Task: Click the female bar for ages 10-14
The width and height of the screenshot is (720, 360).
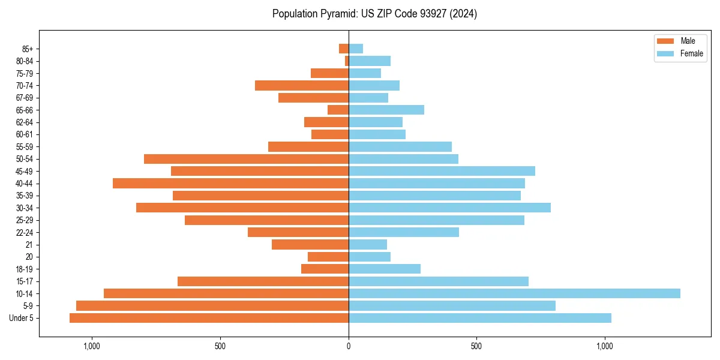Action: point(514,293)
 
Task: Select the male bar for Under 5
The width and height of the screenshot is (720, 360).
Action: point(209,318)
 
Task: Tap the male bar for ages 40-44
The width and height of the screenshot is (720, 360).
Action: point(230,183)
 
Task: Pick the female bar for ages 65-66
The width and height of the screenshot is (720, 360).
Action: point(386,110)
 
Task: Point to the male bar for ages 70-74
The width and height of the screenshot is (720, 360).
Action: point(302,85)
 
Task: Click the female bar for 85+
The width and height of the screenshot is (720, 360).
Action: point(356,49)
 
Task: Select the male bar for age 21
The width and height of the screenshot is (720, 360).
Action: point(310,244)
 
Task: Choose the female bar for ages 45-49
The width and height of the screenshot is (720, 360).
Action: point(442,171)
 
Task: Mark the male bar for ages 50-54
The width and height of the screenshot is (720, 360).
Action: point(246,159)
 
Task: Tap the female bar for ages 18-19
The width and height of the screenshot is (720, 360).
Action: point(385,269)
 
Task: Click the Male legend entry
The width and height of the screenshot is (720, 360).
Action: point(680,41)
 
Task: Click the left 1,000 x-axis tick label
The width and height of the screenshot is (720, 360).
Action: point(92,346)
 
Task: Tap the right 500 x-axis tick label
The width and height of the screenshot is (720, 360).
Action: point(476,346)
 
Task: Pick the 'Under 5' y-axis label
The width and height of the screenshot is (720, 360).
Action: point(22,318)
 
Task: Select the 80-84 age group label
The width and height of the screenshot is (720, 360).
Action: point(24,61)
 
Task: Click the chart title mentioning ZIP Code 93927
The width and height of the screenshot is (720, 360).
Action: point(374,14)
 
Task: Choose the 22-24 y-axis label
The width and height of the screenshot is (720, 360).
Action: point(24,232)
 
